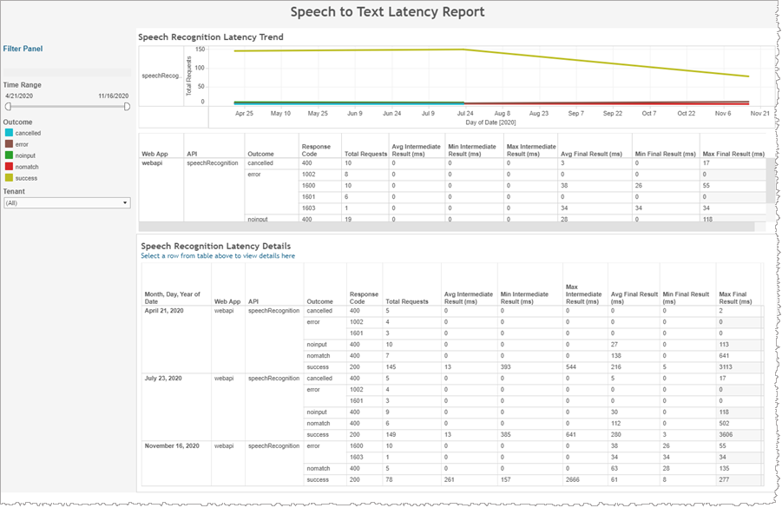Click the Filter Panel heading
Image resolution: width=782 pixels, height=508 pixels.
[23, 49]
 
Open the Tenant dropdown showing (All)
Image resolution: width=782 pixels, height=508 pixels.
[67, 203]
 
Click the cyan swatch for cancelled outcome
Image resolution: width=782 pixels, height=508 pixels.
[8, 134]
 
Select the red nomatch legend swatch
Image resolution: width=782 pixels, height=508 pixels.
[8, 165]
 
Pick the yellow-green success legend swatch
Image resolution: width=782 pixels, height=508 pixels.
[8, 176]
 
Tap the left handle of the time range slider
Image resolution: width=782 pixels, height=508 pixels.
[8, 106]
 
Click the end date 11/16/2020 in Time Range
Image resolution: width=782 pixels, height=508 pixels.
[113, 96]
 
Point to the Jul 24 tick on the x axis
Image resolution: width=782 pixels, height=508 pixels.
[464, 113]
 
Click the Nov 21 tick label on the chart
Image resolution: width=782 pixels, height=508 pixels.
[760, 113]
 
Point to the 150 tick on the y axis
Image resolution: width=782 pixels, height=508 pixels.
[200, 49]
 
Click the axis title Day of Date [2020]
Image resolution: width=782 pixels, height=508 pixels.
[490, 122]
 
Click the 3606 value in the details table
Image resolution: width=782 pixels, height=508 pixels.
[728, 434]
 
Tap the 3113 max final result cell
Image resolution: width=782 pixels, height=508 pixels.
[728, 366]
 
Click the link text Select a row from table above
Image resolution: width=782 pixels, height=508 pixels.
[217, 256]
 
